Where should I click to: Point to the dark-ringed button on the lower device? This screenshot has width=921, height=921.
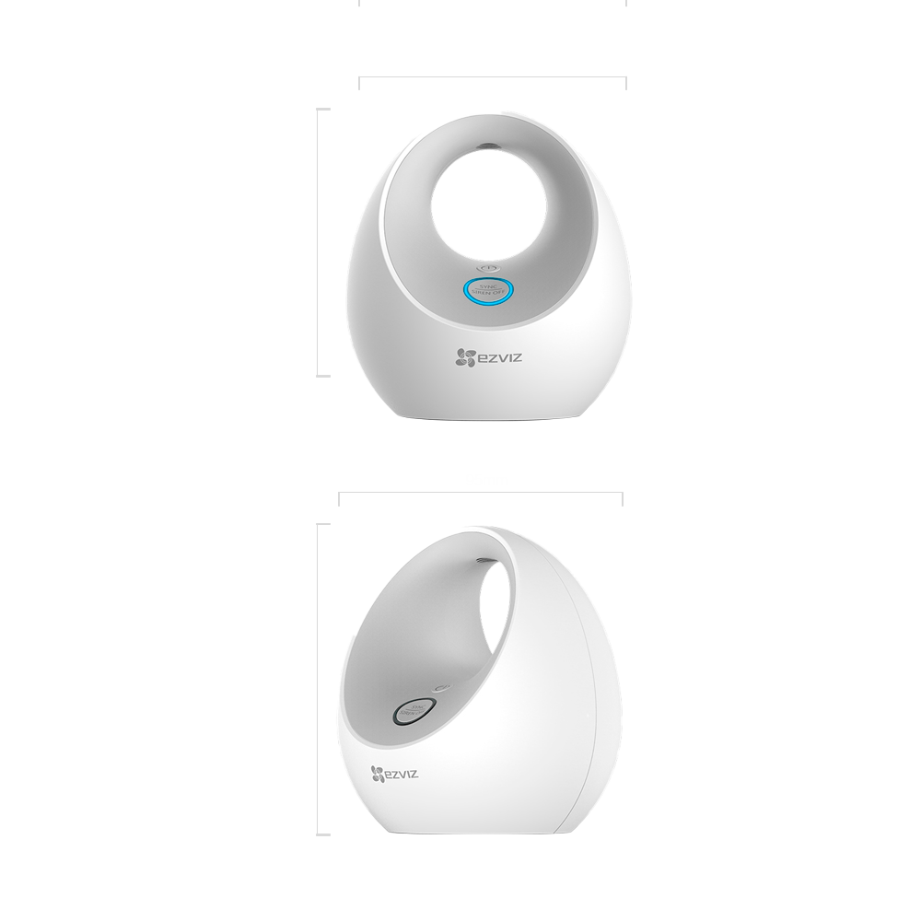click(x=410, y=712)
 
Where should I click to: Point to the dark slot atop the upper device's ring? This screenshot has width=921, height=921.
click(x=487, y=146)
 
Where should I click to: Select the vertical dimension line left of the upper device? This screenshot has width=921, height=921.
click(x=318, y=242)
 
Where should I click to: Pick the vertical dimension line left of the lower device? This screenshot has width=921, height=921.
click(x=318, y=679)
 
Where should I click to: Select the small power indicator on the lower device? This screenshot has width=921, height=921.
click(x=443, y=686)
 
